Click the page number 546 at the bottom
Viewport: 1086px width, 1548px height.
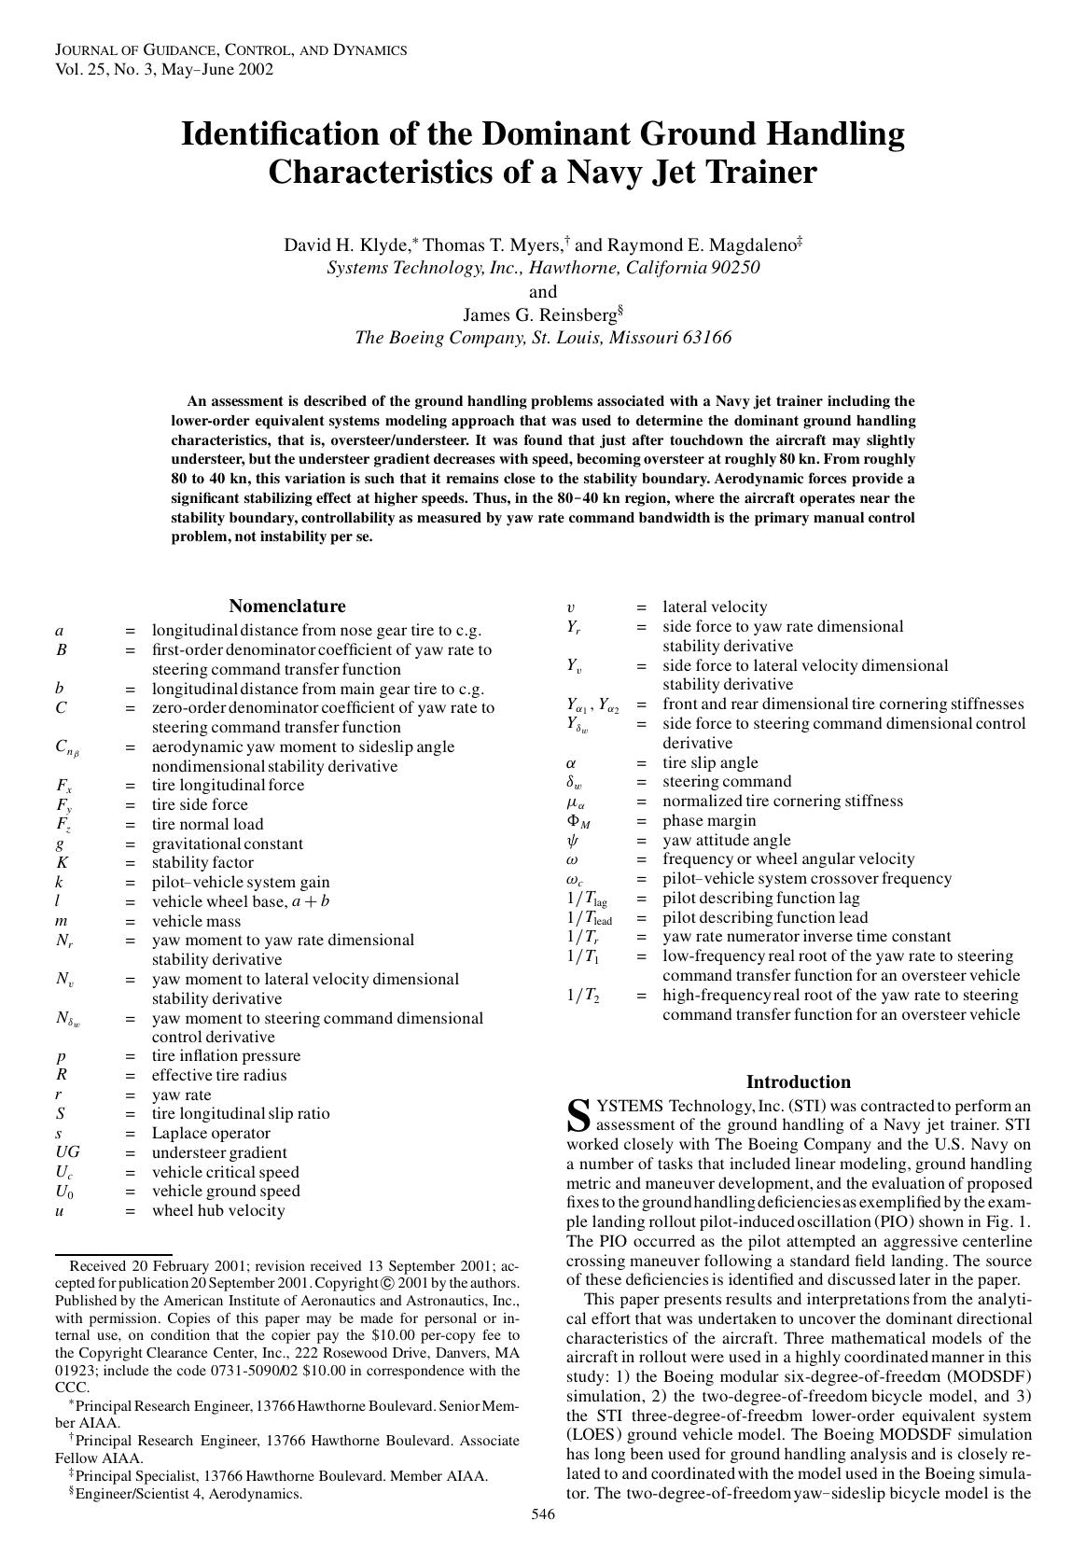click(543, 1513)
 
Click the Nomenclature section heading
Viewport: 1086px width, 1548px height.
click(286, 606)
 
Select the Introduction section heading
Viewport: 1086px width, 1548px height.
click(798, 1081)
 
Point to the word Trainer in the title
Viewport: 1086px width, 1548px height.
click(756, 173)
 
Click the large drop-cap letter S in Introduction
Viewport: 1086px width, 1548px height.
click(578, 1114)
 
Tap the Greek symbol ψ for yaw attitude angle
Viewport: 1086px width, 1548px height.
click(573, 840)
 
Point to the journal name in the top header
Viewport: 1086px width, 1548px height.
click(230, 50)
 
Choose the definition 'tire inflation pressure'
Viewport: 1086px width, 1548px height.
click(226, 1055)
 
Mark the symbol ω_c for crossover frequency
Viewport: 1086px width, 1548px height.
click(575, 879)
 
